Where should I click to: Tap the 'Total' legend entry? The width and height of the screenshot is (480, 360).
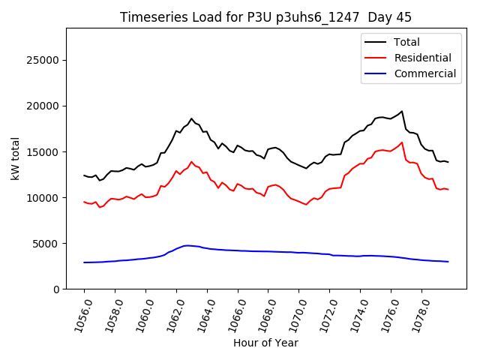point(407,42)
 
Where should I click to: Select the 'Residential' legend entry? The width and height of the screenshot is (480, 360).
point(423,58)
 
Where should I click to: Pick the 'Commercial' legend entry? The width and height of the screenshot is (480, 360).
point(425,73)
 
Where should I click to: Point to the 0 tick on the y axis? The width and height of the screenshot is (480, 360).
point(56,289)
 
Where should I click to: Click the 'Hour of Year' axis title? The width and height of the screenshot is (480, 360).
point(265,343)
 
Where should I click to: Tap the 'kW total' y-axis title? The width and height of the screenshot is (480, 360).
point(16,158)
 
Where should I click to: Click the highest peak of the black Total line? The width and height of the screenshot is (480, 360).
point(402,111)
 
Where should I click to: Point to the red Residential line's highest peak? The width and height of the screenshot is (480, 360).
point(402,142)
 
